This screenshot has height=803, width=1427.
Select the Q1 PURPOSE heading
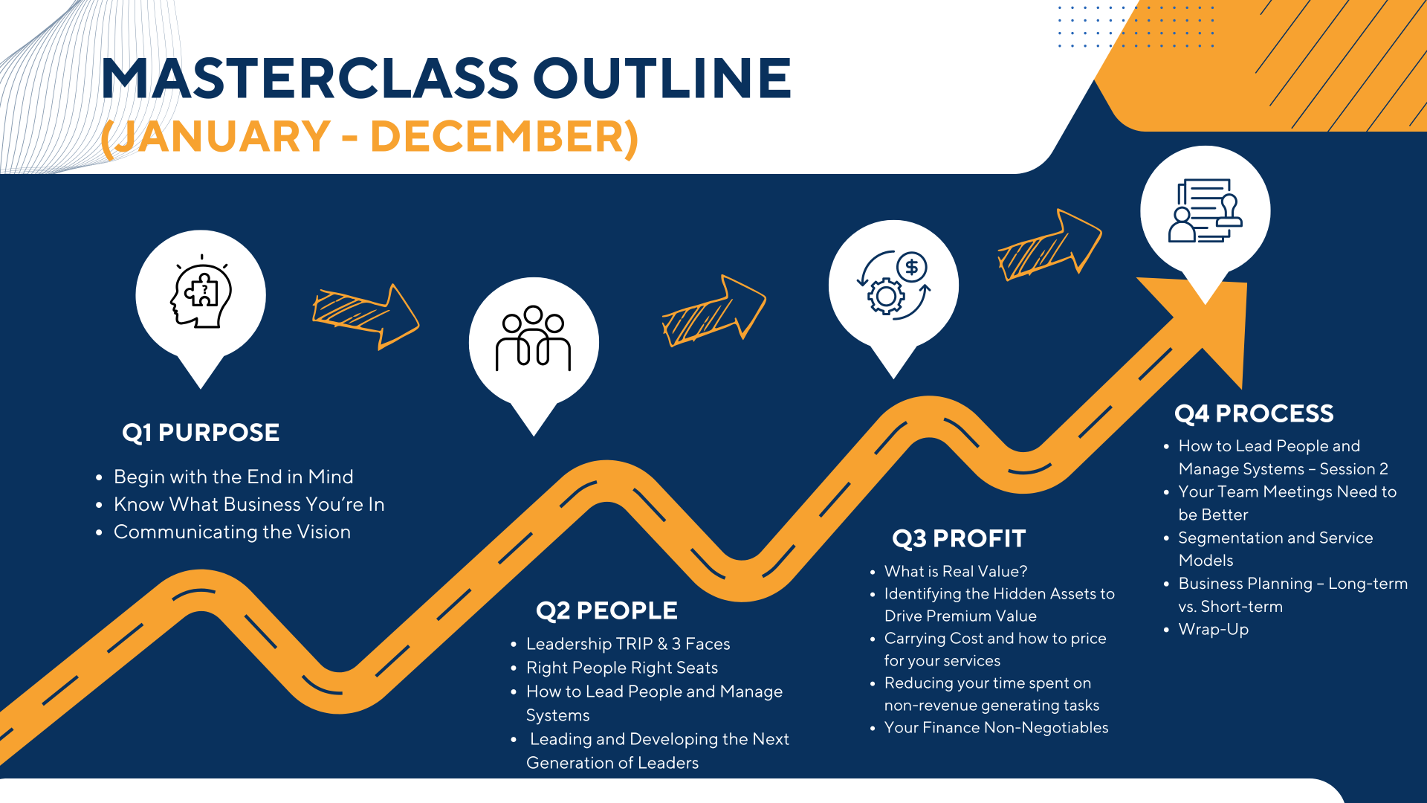coord(201,433)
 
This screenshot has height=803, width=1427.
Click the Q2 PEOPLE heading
coord(606,611)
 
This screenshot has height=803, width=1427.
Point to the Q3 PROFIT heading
coord(959,539)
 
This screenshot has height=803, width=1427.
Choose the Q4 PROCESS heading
coord(1254,414)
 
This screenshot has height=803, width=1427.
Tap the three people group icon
coord(533,338)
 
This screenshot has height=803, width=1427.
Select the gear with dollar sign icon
coord(893,286)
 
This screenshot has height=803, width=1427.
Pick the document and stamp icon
coord(1206,210)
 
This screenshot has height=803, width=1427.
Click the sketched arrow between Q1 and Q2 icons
coord(366,316)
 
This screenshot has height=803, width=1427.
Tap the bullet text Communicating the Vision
coord(232,532)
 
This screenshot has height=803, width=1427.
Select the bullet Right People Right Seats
coord(622,668)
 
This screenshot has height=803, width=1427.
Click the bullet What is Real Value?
coord(956,572)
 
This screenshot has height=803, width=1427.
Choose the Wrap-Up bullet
coord(1214,630)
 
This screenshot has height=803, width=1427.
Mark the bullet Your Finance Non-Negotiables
coord(996,728)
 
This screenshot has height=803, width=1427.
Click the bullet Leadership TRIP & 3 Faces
coord(628,644)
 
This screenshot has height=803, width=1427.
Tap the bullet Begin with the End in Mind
coord(233,477)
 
